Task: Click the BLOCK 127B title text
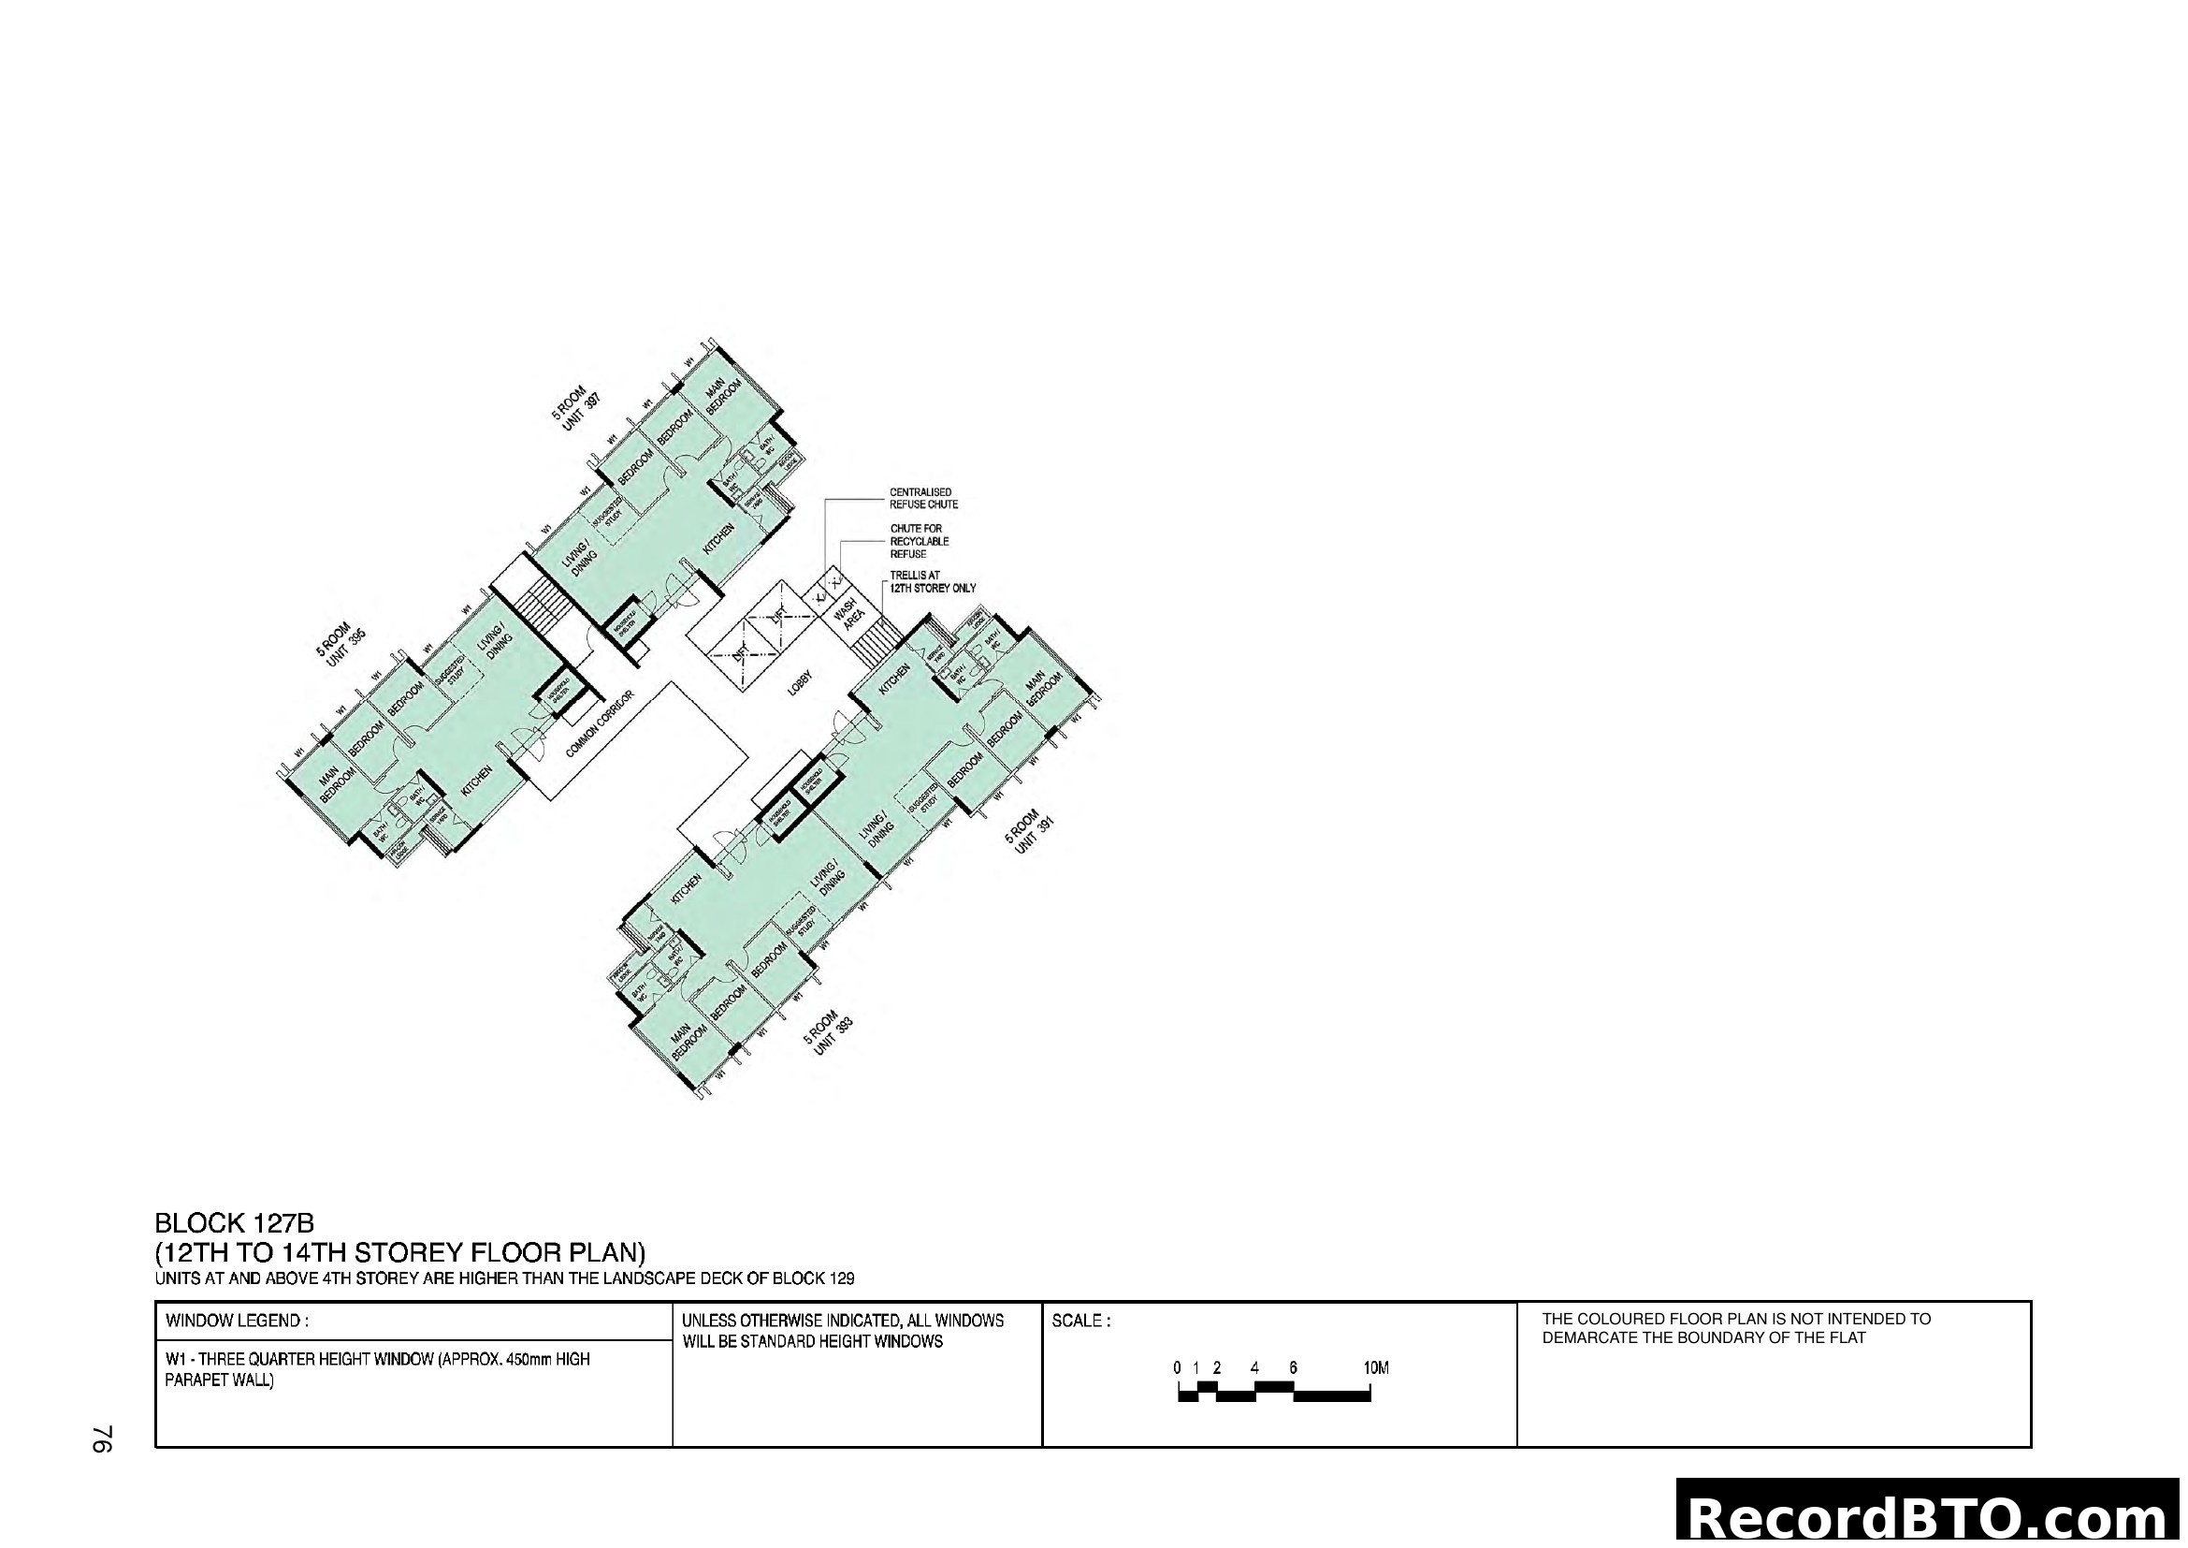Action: click(x=235, y=1223)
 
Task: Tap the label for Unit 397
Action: click(x=576, y=409)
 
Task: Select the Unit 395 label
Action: click(x=341, y=648)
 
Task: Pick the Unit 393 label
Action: click(x=826, y=1034)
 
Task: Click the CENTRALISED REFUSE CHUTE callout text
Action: click(x=923, y=499)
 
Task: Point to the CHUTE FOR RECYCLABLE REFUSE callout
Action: click(x=920, y=540)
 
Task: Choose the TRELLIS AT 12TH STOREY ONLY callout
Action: click(x=932, y=582)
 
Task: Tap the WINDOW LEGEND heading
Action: click(x=237, y=1322)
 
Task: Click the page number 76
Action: click(x=102, y=1439)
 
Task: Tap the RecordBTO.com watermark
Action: click(x=1931, y=1517)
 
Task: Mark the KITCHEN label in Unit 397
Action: click(x=718, y=538)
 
